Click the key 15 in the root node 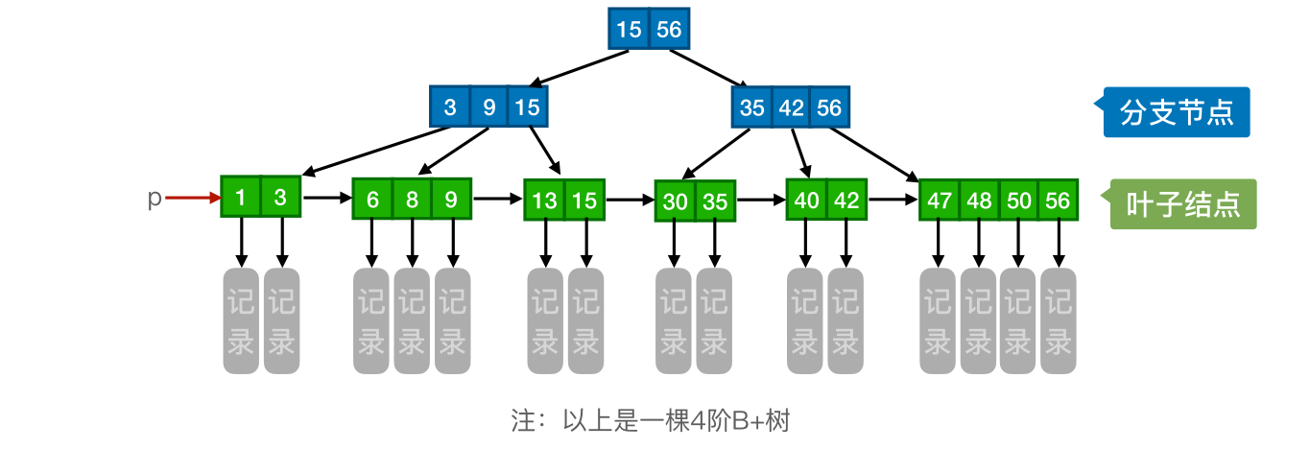(x=630, y=30)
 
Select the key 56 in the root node (x=668, y=30)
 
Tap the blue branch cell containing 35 (x=751, y=107)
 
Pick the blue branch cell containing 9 (x=489, y=107)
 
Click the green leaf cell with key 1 (x=241, y=199)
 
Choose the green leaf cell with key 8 (x=412, y=201)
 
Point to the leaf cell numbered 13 (x=545, y=201)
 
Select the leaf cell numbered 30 (x=675, y=201)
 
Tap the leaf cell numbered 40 (x=806, y=201)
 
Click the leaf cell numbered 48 (x=979, y=201)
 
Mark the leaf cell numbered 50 (x=1018, y=201)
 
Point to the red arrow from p (x=192, y=199)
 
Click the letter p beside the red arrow (x=154, y=199)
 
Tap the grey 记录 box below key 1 (x=241, y=321)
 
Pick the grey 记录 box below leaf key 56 (x=1059, y=321)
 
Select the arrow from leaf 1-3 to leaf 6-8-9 (x=326, y=199)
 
